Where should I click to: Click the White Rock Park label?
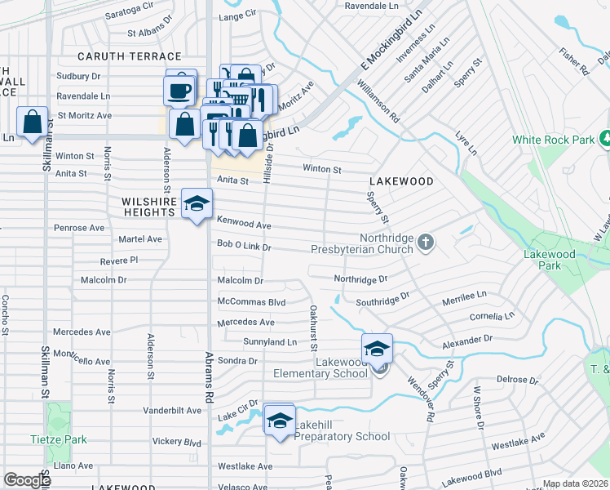click(552, 140)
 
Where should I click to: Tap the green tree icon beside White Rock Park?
click(604, 139)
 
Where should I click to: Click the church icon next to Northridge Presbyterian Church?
click(425, 242)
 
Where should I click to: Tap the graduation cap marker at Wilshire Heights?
click(197, 204)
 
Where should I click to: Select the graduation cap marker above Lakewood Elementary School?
click(378, 349)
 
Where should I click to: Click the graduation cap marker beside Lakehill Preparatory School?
click(280, 420)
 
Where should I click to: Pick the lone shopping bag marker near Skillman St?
click(32, 122)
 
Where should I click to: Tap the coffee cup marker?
click(180, 88)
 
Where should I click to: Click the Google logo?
click(27, 480)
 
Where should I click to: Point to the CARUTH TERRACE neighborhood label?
click(129, 56)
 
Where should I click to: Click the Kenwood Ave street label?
click(243, 225)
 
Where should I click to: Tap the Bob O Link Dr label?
click(243, 246)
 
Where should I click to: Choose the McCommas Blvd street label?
click(251, 301)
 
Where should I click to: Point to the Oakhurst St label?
click(313, 328)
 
